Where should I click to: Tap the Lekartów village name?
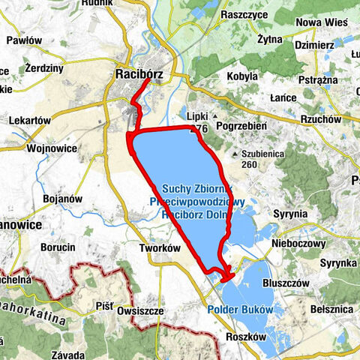point(29,120)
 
